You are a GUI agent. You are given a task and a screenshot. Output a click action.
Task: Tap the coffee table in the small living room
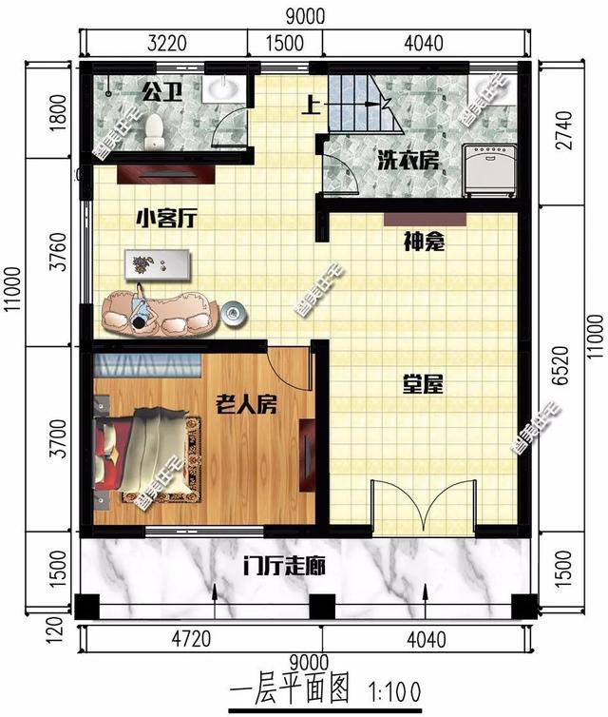coord(158,263)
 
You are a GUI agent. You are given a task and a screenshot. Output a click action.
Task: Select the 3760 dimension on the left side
coord(58,260)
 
